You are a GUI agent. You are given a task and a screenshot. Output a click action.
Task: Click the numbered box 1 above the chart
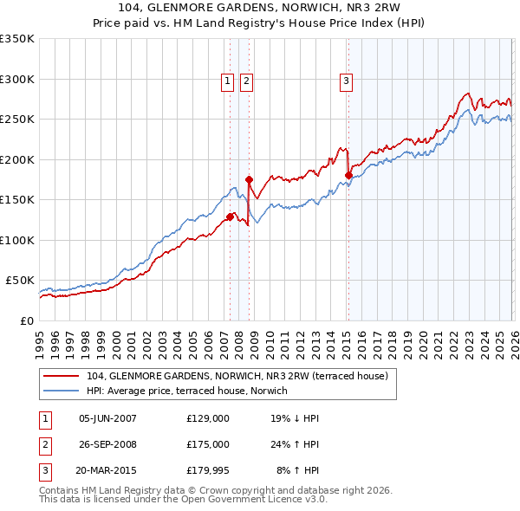pyautogui.click(x=227, y=81)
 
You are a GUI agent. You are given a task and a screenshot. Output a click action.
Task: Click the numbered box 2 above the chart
pyautogui.click(x=246, y=81)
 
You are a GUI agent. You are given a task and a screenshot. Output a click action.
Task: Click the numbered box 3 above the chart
pyautogui.click(x=346, y=81)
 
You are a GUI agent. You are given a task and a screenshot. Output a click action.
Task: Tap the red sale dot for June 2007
pyautogui.click(x=230, y=217)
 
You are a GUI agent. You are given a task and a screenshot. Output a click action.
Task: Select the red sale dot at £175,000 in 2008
pyautogui.click(x=249, y=180)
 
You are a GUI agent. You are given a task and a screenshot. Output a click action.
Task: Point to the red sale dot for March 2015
pyautogui.click(x=348, y=176)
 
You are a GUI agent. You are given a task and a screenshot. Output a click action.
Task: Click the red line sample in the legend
pyautogui.click(x=62, y=376)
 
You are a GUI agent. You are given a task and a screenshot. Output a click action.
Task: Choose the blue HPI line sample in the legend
pyautogui.click(x=62, y=391)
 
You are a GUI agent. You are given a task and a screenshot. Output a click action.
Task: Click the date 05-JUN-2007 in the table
pyautogui.click(x=107, y=417)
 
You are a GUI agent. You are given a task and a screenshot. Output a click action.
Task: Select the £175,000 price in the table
pyautogui.click(x=207, y=444)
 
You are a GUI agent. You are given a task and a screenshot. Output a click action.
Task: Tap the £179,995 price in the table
pyautogui.click(x=207, y=471)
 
